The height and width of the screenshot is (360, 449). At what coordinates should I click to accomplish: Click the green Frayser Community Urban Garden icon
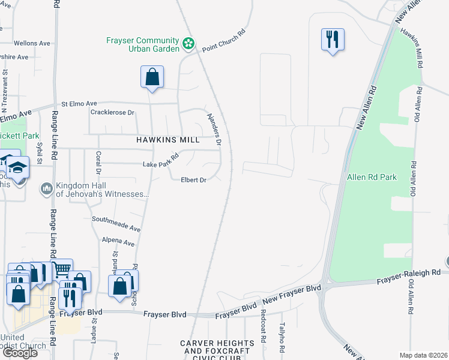tap(188, 43)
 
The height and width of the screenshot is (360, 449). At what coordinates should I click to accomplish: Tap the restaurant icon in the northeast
tap(332, 40)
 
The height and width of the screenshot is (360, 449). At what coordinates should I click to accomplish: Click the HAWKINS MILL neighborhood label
tap(167, 139)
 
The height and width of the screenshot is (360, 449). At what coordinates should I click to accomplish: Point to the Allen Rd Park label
tap(372, 178)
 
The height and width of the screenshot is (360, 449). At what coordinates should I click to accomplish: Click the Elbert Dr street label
tap(194, 179)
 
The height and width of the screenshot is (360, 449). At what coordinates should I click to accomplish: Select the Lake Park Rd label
tap(161, 161)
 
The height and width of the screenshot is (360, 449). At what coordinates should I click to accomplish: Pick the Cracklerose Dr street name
tap(112, 112)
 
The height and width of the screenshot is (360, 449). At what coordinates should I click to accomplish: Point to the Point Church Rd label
tap(224, 41)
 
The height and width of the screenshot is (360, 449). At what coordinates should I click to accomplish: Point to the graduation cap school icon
tap(19, 167)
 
